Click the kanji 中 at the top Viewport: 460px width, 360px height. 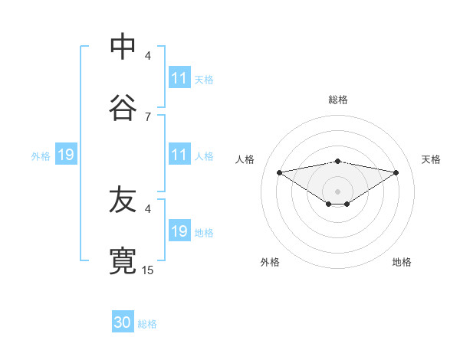tap(123, 47)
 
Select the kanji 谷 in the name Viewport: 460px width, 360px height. tap(123, 109)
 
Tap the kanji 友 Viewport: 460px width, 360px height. tap(123, 201)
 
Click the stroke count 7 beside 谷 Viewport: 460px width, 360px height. tap(147, 116)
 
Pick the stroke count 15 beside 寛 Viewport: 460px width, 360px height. tap(148, 270)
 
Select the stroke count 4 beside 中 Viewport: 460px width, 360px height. tap(148, 55)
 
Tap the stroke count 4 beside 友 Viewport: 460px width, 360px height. tap(148, 208)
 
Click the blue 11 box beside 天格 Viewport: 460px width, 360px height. tap(179, 78)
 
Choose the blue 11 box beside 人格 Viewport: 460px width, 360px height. tap(179, 155)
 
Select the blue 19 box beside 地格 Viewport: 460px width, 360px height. tap(179, 231)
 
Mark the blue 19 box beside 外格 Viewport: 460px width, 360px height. tap(66, 155)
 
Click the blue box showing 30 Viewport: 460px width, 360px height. tap(123, 323)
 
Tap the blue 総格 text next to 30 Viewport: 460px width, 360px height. tap(147, 324)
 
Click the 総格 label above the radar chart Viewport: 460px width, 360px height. tap(338, 100)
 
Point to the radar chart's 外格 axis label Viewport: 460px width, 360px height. tap(270, 262)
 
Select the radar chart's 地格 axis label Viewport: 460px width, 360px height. tap(402, 262)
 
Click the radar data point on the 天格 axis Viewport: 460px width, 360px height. tap(396, 172)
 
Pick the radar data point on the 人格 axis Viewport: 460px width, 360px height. tap(279, 172)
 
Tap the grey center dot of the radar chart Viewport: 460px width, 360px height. tap(338, 191)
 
